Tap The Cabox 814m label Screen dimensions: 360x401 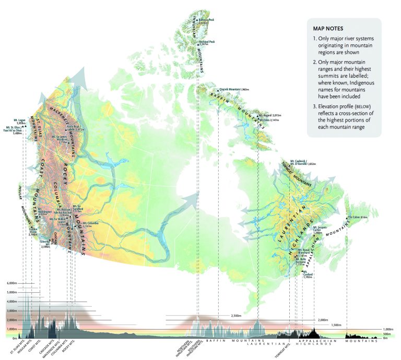coord(358,217)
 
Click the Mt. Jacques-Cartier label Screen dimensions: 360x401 coord(322,230)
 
